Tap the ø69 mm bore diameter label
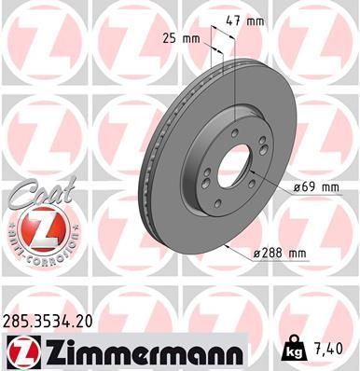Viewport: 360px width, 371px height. pos(315,186)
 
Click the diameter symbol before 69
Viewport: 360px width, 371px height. pos(296,186)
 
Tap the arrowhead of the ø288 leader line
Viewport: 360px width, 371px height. pos(228,245)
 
